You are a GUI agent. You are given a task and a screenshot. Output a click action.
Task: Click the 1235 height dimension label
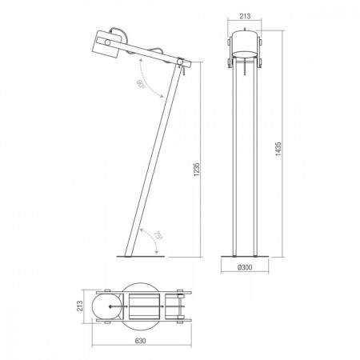(x=197, y=169)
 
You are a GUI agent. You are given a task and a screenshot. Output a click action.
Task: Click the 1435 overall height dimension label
(x=278, y=149)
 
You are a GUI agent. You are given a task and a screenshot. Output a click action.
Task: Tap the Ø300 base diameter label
(x=245, y=267)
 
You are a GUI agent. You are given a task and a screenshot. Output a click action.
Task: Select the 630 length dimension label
(x=140, y=341)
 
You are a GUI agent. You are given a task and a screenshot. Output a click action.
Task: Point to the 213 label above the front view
(x=245, y=16)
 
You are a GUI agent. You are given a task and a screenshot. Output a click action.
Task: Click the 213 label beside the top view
(x=79, y=306)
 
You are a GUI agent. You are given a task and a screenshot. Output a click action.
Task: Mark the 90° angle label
(x=140, y=84)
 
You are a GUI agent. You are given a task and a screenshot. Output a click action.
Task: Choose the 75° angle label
(x=158, y=235)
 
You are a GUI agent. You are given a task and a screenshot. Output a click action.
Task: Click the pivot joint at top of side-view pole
(x=180, y=62)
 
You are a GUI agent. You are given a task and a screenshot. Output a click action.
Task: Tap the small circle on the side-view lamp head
(x=107, y=42)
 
